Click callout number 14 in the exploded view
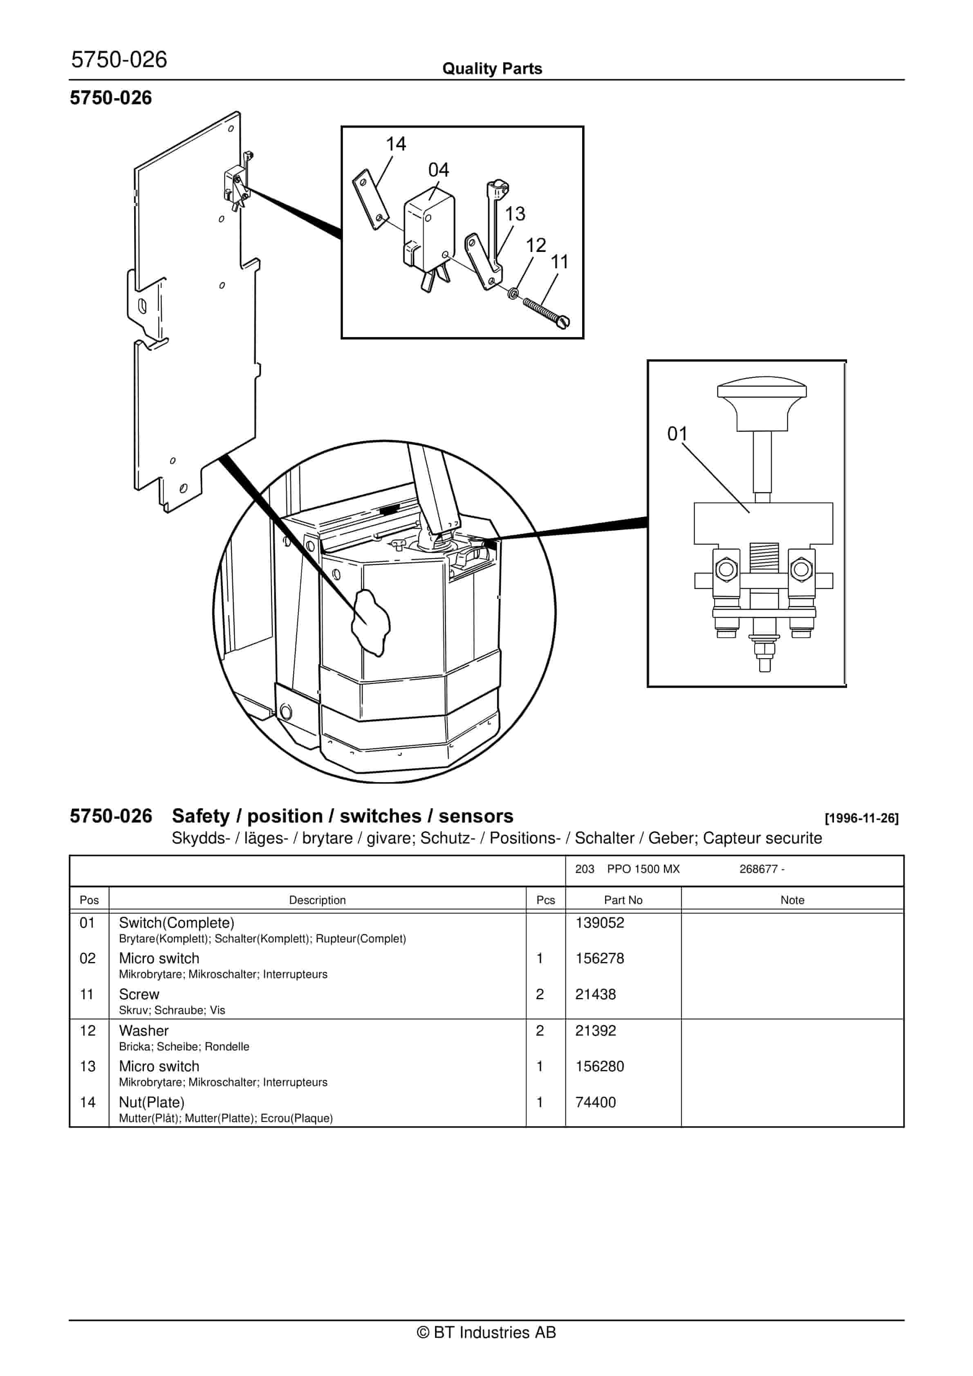click(x=395, y=144)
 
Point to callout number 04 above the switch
click(x=438, y=170)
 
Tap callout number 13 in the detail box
click(x=515, y=214)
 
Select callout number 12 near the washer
click(x=536, y=245)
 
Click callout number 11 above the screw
click(x=559, y=262)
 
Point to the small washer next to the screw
click(x=513, y=294)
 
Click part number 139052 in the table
click(x=599, y=923)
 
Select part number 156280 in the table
click(x=599, y=1066)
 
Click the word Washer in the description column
click(x=144, y=1031)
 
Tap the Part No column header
click(x=623, y=900)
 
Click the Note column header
click(x=791, y=900)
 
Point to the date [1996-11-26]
click(x=861, y=818)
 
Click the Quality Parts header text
click(x=492, y=69)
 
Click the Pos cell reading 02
click(x=87, y=959)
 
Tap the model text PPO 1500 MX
click(x=643, y=869)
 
